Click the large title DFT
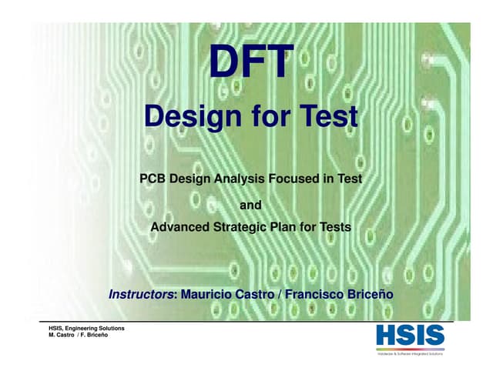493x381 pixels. pos(251,64)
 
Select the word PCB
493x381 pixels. pos(153,179)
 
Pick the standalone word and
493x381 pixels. pos(251,205)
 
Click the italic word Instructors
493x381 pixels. pos(142,294)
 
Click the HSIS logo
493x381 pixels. pos(410,335)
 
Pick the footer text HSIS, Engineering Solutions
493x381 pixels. pos(87,329)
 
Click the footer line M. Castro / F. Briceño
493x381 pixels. pos(80,337)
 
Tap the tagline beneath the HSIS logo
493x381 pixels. pos(410,353)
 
